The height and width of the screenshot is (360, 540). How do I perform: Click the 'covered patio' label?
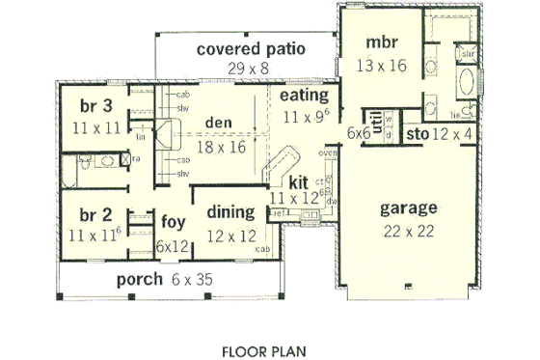pos(251,49)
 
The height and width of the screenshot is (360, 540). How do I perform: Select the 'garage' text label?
pos(409,207)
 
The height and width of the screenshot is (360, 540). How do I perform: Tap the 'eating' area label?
pos(305,97)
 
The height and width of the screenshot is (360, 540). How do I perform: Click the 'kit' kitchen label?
pos(297,180)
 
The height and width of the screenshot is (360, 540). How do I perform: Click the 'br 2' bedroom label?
pos(85,213)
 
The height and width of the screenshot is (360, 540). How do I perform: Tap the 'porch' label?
pos(139,280)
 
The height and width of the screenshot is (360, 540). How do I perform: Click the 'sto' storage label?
pos(418,133)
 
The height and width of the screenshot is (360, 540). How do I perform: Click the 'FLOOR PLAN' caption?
pos(265,343)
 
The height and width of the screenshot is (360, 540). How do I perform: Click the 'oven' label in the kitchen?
pos(327,152)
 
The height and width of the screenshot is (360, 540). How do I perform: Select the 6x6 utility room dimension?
pos(360,133)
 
